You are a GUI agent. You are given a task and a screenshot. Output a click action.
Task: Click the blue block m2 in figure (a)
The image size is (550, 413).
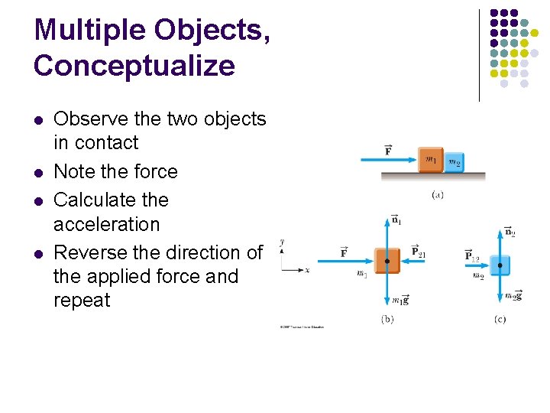click(x=454, y=161)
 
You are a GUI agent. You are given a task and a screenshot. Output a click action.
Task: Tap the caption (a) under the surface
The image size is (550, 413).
click(x=438, y=195)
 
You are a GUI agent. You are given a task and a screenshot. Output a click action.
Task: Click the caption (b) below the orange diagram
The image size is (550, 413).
click(x=387, y=319)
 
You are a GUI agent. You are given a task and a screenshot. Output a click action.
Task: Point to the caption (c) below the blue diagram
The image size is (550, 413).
click(x=500, y=319)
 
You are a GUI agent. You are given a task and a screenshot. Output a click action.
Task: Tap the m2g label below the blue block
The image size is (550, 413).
click(x=514, y=295)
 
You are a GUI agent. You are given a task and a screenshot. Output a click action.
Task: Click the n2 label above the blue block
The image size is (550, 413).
click(x=510, y=231)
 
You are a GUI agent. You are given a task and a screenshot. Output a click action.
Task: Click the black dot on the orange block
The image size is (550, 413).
click(x=387, y=262)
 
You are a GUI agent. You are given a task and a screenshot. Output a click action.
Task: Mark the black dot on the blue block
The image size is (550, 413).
click(x=500, y=265)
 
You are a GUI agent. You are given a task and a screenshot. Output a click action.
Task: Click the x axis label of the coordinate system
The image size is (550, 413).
click(x=306, y=270)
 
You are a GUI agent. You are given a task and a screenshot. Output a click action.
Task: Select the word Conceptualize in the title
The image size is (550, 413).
click(x=134, y=66)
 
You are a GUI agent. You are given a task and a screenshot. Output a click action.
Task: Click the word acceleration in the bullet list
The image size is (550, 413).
click(x=106, y=224)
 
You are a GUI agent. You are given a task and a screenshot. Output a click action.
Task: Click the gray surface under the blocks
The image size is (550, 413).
click(x=433, y=176)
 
